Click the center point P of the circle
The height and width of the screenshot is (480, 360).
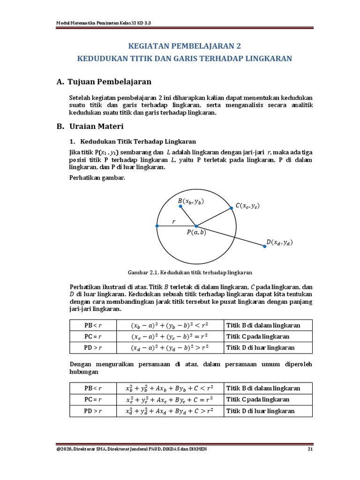coord(196,226)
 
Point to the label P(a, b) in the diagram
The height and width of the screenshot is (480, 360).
coord(196,233)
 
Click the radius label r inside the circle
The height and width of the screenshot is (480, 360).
coord(173,221)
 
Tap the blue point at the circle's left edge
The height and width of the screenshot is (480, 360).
coord(157,226)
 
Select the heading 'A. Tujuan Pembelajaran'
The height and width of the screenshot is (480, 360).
coord(104,82)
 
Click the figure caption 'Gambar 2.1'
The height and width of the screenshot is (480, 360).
coord(190,272)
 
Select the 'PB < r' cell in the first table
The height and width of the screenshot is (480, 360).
coord(93,325)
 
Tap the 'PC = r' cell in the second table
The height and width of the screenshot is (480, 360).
coord(93,399)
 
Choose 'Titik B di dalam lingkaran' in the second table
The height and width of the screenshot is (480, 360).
coord(263,388)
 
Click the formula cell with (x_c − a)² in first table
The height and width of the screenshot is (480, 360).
coord(169,337)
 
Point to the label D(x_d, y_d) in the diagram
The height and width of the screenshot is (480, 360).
coord(279,242)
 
